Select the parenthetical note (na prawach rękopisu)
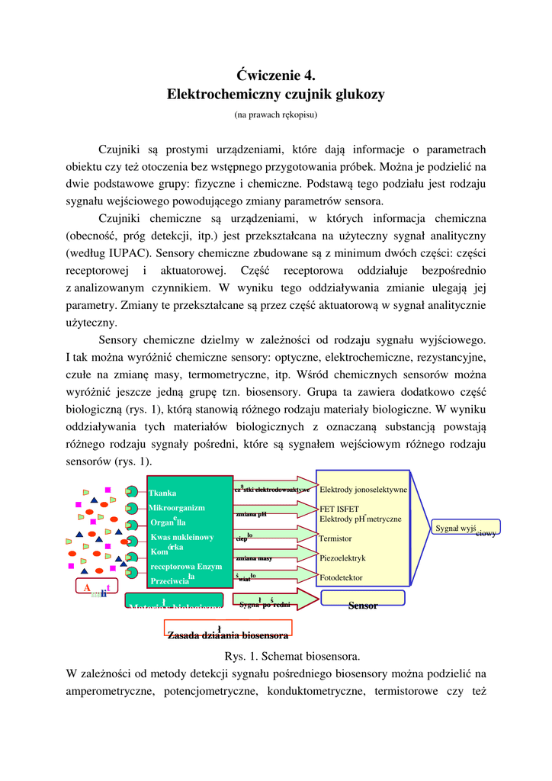tap(275, 115)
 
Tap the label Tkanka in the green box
tap(162, 493)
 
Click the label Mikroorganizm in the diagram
tap(176, 507)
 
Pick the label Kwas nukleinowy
tap(181, 537)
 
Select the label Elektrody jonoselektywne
tap(363, 489)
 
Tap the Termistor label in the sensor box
tap(335, 538)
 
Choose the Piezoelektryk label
tap(342, 558)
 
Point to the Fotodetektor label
tap(341, 577)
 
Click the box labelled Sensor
tap(363, 605)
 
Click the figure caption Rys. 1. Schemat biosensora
tap(292, 656)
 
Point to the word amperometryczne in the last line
tap(105, 691)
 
